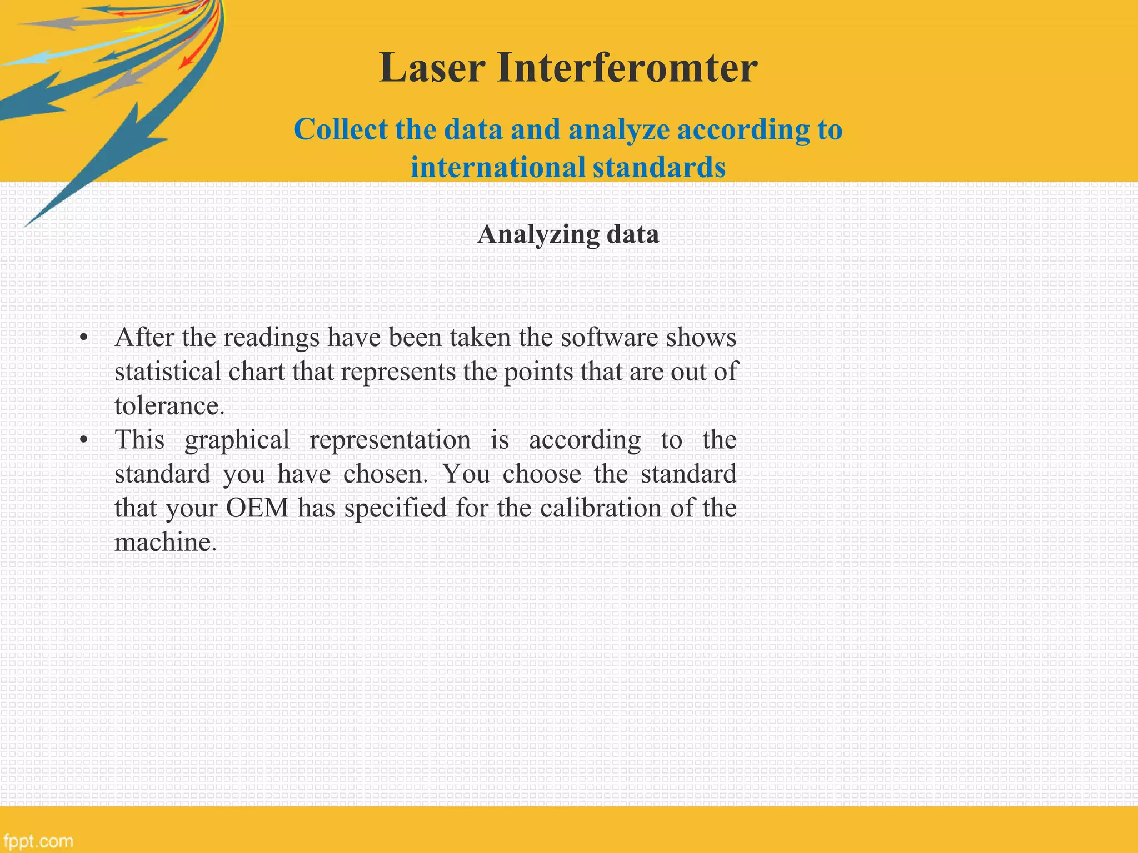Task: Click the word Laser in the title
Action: [432, 68]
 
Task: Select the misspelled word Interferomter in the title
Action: [627, 68]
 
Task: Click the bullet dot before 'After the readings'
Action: [84, 338]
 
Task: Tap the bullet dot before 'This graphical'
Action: [84, 440]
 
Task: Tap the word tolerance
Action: [169, 406]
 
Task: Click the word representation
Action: [390, 440]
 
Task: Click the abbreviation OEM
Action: [257, 508]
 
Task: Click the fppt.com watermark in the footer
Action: [38, 841]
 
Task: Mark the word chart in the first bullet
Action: [258, 372]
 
